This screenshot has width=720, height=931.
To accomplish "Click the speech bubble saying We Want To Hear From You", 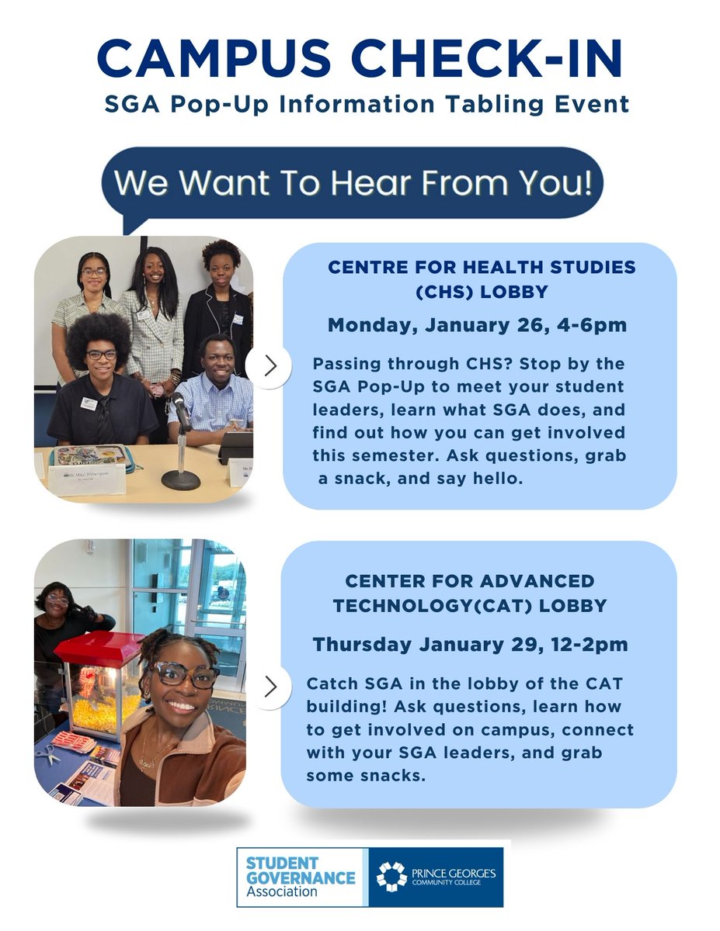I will coord(353,184).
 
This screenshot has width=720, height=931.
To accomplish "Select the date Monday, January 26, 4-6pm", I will coord(477,324).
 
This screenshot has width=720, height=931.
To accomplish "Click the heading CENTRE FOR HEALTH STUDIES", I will coord(482,268).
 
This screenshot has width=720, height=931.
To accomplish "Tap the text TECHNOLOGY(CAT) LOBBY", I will coord(469,606).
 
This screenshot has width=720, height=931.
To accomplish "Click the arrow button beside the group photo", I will coord(270,366).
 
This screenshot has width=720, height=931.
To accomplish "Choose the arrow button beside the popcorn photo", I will coord(270,686).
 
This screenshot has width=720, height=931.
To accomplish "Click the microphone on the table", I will coord(181,411).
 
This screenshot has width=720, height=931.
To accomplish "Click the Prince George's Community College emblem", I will coord(391,877).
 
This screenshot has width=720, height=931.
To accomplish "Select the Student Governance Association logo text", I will coord(299,877).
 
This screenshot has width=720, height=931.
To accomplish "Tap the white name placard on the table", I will coord(86,479).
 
